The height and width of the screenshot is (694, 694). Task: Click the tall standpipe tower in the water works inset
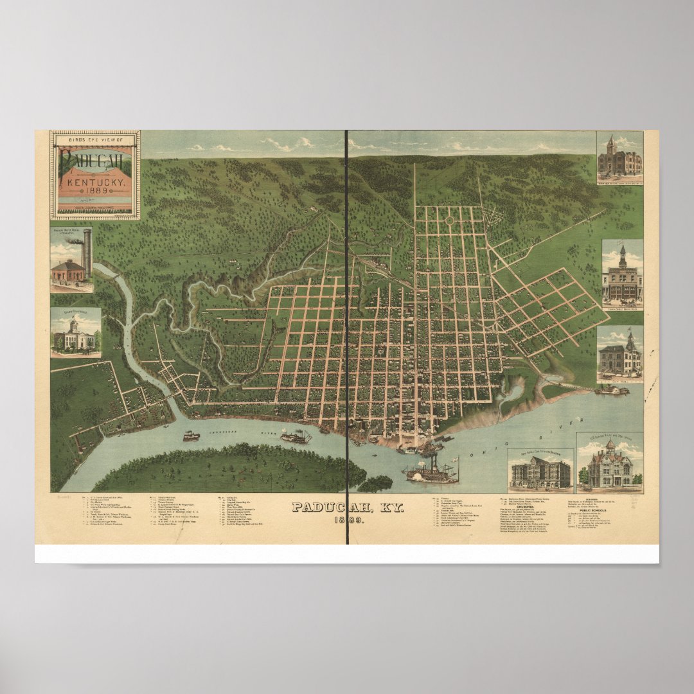point(87,253)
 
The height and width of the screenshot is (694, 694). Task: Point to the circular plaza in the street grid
point(449,220)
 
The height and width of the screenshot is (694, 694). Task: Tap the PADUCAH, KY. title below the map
point(348,507)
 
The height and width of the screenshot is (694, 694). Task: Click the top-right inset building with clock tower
point(619,157)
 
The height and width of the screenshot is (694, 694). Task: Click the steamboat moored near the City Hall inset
point(611,389)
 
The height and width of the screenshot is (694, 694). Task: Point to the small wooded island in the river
point(375,483)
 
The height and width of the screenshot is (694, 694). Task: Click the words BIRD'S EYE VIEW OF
point(94,139)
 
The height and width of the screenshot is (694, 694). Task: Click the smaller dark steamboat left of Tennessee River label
point(191,436)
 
